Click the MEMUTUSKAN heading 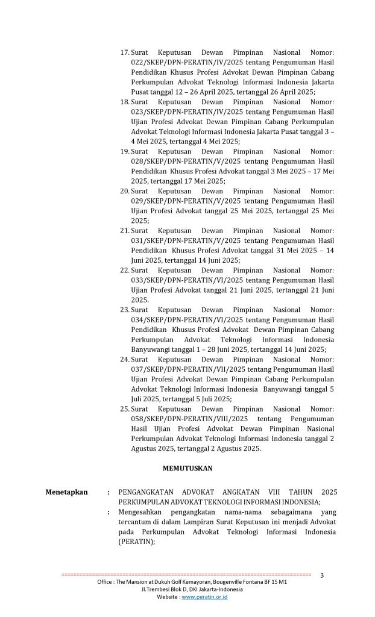pyautogui.click(x=187, y=468)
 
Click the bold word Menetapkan pyautogui.click(x=66, y=492)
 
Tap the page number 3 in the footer pyautogui.click(x=322, y=575)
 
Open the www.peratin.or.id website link pyautogui.click(x=204, y=597)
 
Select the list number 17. pyautogui.click(x=125, y=53)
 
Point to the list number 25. pyautogui.click(x=125, y=409)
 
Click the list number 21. pyautogui.click(x=125, y=231)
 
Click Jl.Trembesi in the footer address pyautogui.click(x=157, y=590)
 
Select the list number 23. pyautogui.click(x=125, y=310)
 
